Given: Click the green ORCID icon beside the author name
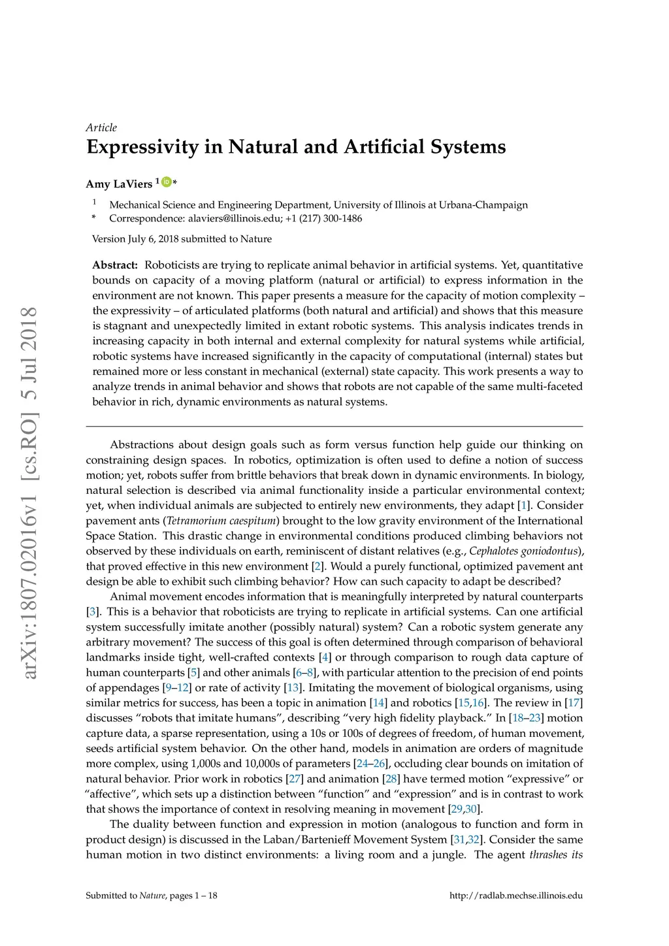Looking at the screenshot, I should click(x=166, y=182).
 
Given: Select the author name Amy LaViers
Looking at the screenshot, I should click(x=119, y=184).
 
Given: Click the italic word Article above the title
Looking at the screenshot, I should click(x=101, y=127).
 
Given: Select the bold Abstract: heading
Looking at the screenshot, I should click(x=115, y=265).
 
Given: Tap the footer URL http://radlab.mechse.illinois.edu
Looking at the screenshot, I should click(x=516, y=895).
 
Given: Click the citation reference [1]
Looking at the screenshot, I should click(x=524, y=506).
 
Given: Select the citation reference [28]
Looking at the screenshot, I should click(x=391, y=779).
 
